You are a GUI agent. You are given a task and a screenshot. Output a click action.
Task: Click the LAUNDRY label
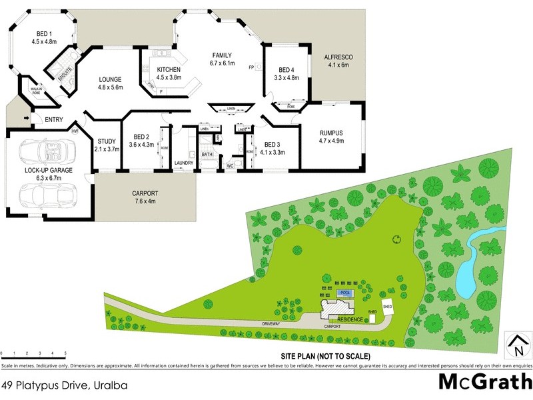pos(183,162)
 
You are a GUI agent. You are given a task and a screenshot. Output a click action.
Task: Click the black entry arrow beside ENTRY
pos(27,119)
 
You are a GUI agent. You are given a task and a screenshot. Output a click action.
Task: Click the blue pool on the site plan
pos(344,293)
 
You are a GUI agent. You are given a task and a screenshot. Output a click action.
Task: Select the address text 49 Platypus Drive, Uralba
pos(64,385)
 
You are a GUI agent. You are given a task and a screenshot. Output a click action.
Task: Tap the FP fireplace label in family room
pos(251,67)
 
